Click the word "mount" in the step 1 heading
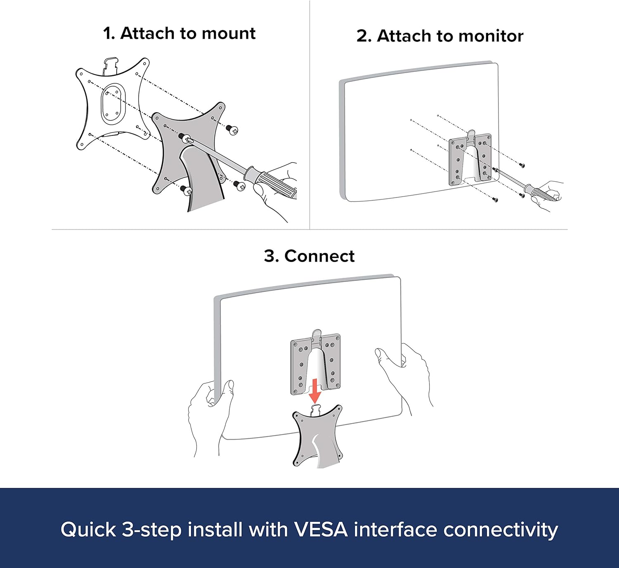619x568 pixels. [229, 33]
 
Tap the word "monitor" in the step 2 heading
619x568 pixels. [491, 36]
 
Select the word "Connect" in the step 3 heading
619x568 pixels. [319, 256]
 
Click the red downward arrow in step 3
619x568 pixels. [315, 391]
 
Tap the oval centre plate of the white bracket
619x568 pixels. [113, 104]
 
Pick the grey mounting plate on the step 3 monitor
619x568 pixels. [316, 364]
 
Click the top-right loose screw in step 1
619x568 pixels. [232, 130]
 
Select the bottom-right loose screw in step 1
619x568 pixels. [239, 185]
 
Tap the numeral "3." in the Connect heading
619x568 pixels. [272, 256]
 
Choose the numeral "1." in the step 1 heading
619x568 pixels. [109, 33]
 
